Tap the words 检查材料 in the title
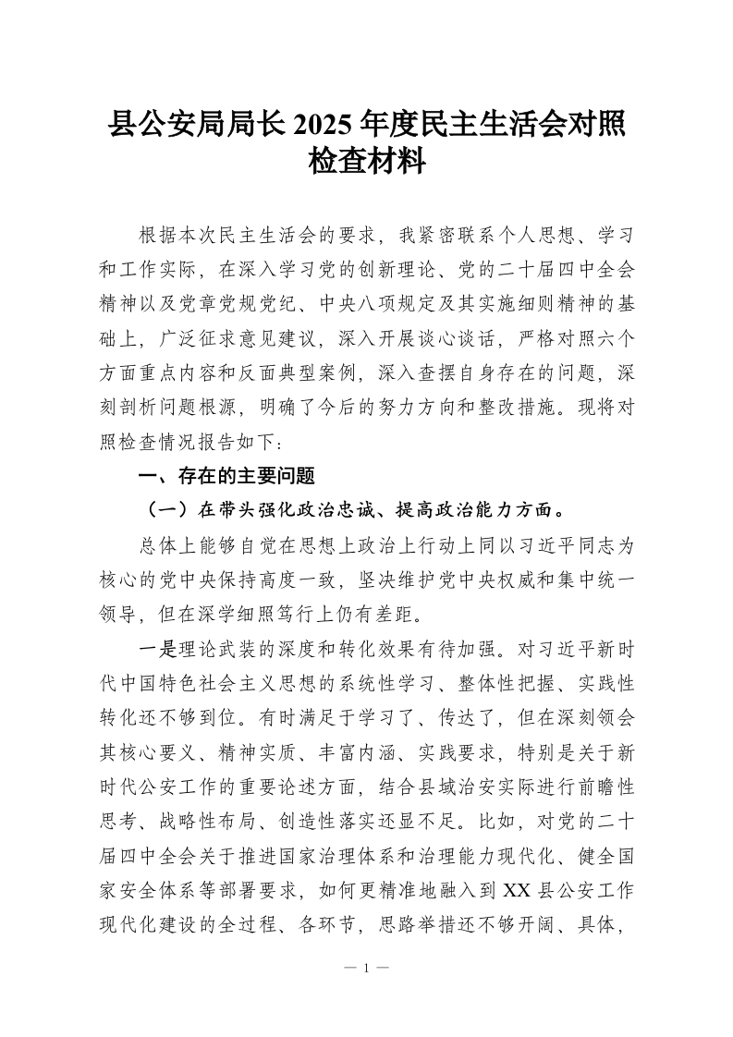[x=366, y=163]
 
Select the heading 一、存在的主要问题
[x=226, y=477]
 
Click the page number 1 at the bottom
[x=366, y=969]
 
